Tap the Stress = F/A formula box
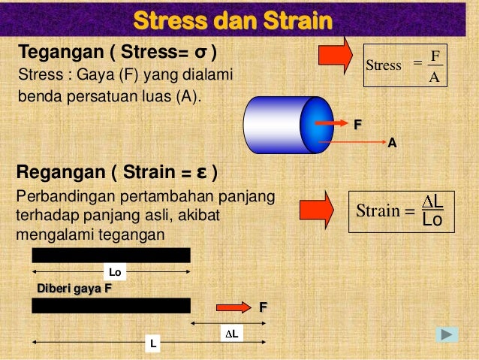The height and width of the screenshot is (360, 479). click(x=405, y=66)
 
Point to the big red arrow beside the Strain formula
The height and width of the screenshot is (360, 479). click(x=317, y=209)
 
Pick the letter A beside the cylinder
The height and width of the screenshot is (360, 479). click(x=391, y=142)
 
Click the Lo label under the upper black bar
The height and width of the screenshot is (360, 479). click(x=115, y=271)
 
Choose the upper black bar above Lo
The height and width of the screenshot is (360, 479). click(x=110, y=255)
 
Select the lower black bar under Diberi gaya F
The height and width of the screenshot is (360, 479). click(x=110, y=305)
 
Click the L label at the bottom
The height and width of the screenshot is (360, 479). click(x=153, y=343)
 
